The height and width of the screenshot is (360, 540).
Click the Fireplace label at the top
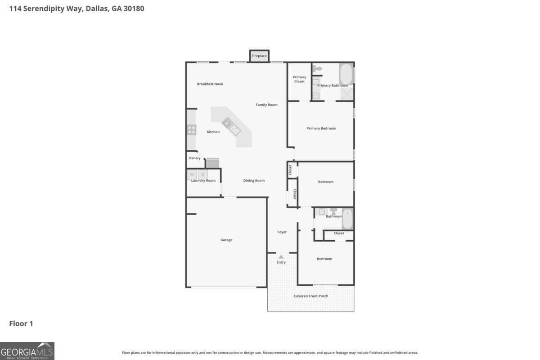259,56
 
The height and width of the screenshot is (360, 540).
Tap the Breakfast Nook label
210,84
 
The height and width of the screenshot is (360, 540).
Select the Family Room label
267,105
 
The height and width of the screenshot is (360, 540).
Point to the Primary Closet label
299,79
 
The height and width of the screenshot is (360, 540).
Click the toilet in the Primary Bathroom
317,68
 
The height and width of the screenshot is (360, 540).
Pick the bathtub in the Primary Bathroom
346,74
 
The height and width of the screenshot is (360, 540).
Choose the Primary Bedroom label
321,128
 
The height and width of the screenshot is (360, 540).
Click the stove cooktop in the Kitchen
192,130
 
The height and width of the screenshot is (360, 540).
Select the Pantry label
195,158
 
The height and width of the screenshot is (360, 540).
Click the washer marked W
192,174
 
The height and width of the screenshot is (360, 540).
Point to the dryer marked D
203,174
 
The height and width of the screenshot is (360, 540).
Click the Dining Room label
254,180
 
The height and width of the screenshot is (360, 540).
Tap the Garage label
226,240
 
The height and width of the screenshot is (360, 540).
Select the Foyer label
282,232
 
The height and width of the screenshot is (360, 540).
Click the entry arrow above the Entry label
281,256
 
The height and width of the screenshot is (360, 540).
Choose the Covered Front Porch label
311,296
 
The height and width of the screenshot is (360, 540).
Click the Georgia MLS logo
27,351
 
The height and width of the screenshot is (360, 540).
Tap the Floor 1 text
21,324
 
